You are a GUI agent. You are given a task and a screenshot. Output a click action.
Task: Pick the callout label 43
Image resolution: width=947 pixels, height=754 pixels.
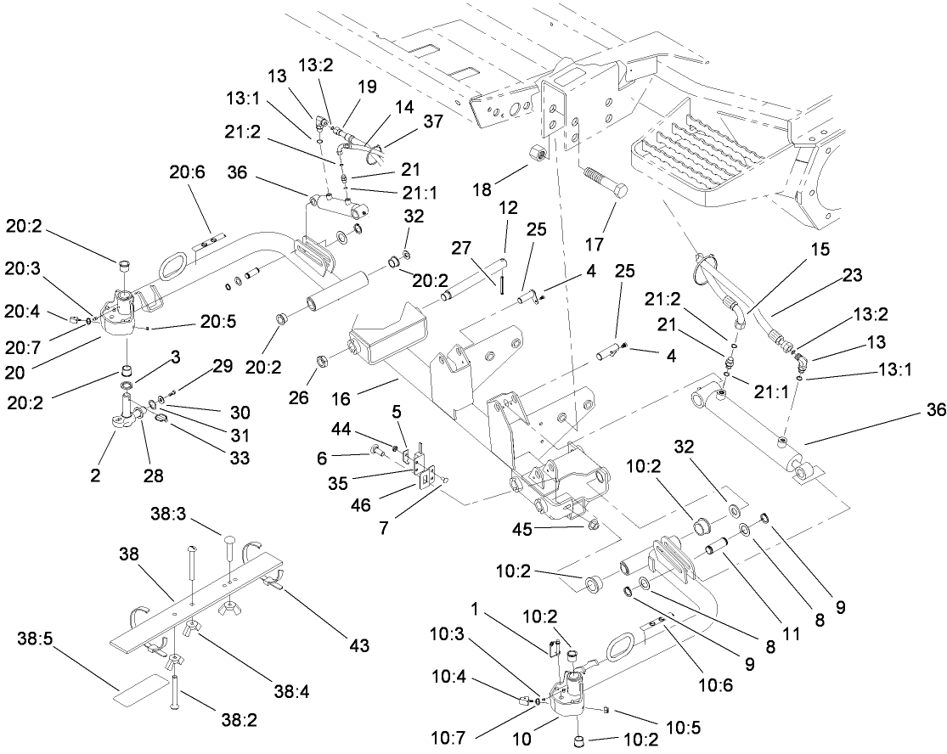pos(358,646)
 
